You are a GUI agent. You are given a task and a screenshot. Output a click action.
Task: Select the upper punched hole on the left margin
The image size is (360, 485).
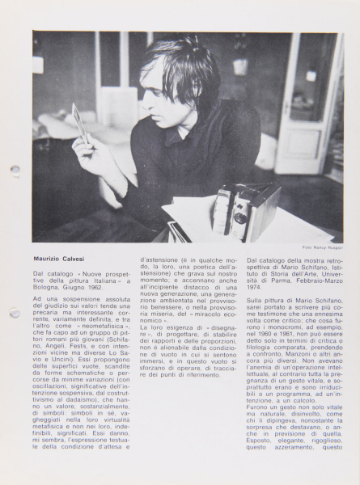[15, 171]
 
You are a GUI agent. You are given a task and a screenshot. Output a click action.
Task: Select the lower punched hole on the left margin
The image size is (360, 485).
[15, 313]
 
